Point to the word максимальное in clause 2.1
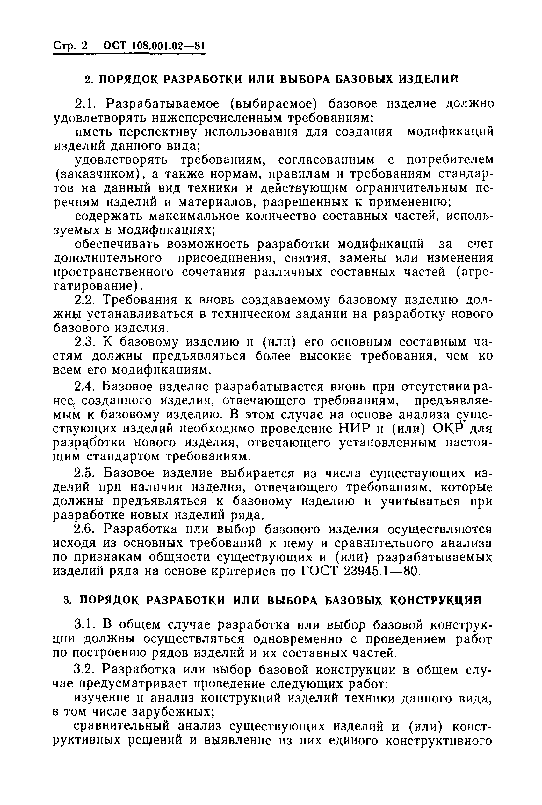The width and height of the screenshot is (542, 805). pyautogui.click(x=193, y=216)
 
